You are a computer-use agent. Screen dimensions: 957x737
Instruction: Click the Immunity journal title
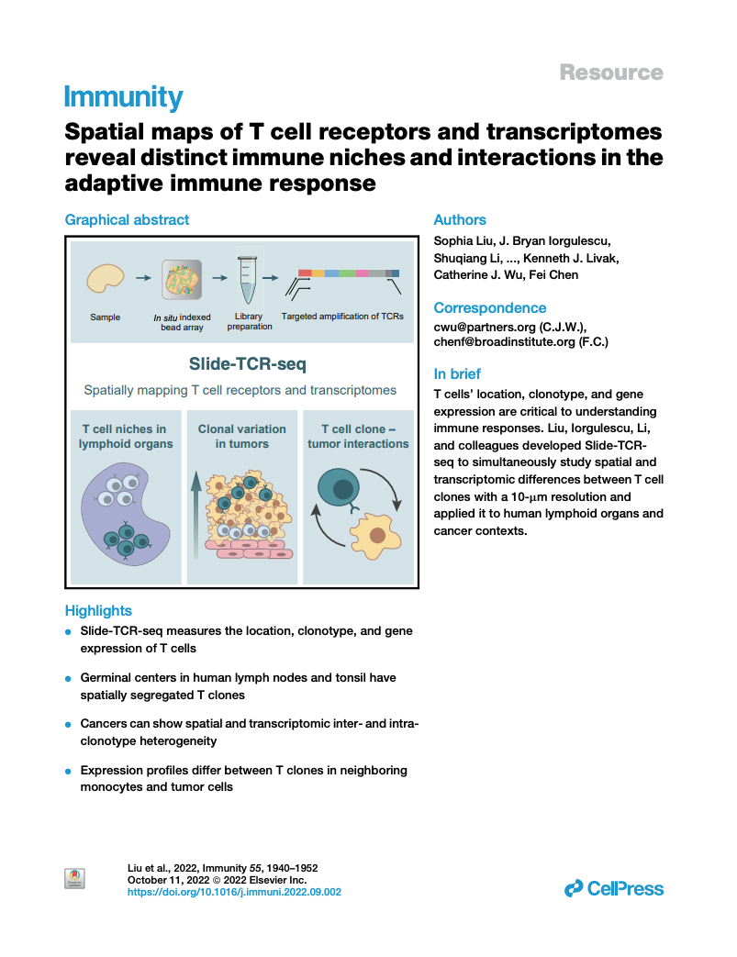(x=123, y=97)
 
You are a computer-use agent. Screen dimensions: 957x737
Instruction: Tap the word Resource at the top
(x=610, y=72)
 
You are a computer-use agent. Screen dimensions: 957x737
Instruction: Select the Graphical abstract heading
(x=127, y=220)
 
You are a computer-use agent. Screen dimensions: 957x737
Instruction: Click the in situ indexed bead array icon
(x=181, y=279)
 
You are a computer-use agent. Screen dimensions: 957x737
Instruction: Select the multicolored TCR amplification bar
(x=349, y=273)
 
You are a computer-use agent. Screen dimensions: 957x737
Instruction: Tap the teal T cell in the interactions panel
(x=337, y=488)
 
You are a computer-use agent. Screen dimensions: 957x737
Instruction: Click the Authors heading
(x=460, y=220)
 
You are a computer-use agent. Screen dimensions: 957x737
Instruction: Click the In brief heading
(x=457, y=374)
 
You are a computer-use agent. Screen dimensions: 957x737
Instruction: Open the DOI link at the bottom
(x=233, y=891)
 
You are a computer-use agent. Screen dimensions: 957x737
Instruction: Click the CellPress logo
(x=613, y=888)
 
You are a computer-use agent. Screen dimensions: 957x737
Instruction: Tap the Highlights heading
(x=98, y=611)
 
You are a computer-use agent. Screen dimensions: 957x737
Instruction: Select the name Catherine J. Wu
(x=474, y=274)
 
